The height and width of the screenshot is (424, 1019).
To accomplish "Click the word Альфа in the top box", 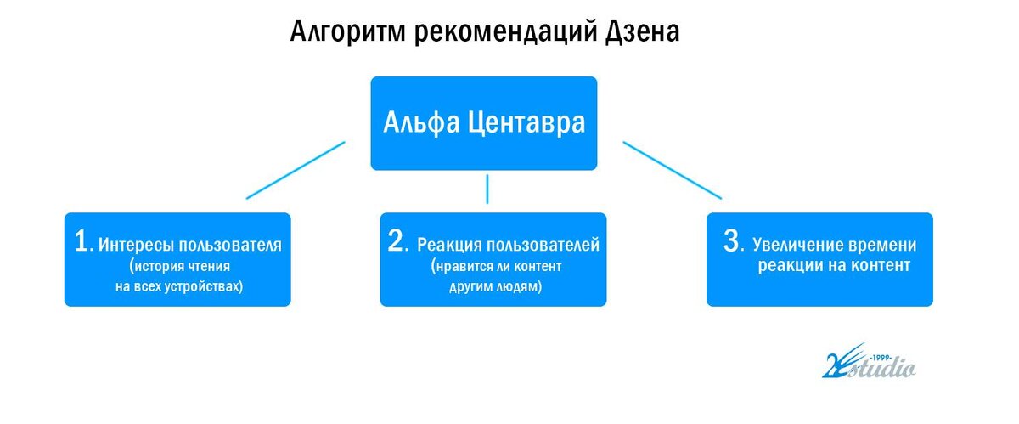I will tap(420, 123).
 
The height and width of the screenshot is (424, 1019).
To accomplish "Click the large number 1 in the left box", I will tap(82, 243).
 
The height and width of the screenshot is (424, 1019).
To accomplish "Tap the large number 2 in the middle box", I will tap(396, 242).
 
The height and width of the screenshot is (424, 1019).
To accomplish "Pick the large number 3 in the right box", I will tap(732, 242).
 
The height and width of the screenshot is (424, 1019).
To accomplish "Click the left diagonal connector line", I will tap(296, 170).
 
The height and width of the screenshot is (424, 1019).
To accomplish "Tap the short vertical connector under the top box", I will tap(487, 189).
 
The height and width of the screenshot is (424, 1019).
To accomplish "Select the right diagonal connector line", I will tap(672, 170).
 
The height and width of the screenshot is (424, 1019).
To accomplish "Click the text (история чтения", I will tap(179, 267).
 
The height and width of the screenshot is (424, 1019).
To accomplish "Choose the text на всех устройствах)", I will tap(179, 287).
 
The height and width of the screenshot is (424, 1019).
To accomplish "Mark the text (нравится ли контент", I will tap(496, 267).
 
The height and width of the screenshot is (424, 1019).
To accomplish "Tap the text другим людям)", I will tap(496, 287).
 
